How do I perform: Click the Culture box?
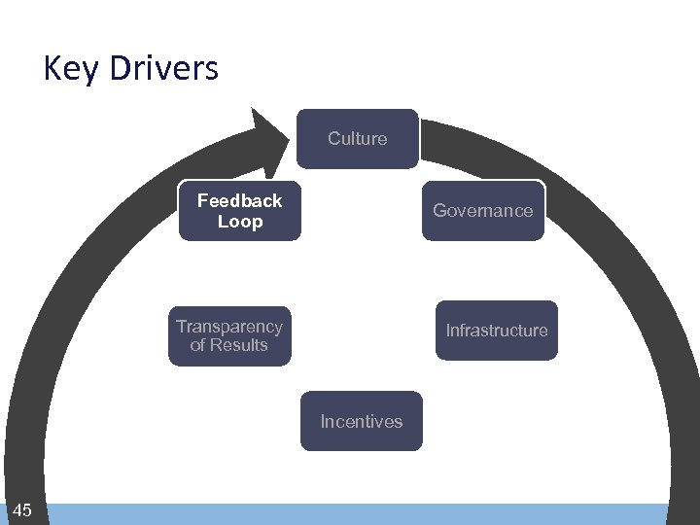tap(358, 139)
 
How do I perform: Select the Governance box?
tap(482, 210)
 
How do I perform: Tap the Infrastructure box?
tap(496, 331)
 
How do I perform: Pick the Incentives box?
tap(361, 421)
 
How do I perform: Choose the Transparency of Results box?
tap(229, 336)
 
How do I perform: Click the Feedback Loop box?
tap(239, 210)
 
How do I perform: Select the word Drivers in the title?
tap(159, 68)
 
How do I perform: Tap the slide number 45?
tap(22, 510)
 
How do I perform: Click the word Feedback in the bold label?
tap(239, 200)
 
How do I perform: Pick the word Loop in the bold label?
tap(239, 222)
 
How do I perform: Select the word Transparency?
tap(229, 327)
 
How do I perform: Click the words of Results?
tap(229, 345)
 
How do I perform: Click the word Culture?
tap(358, 139)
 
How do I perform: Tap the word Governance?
tap(482, 210)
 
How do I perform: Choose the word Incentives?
tap(361, 422)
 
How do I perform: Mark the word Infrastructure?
tap(496, 331)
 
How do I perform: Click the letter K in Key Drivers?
tap(52, 68)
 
